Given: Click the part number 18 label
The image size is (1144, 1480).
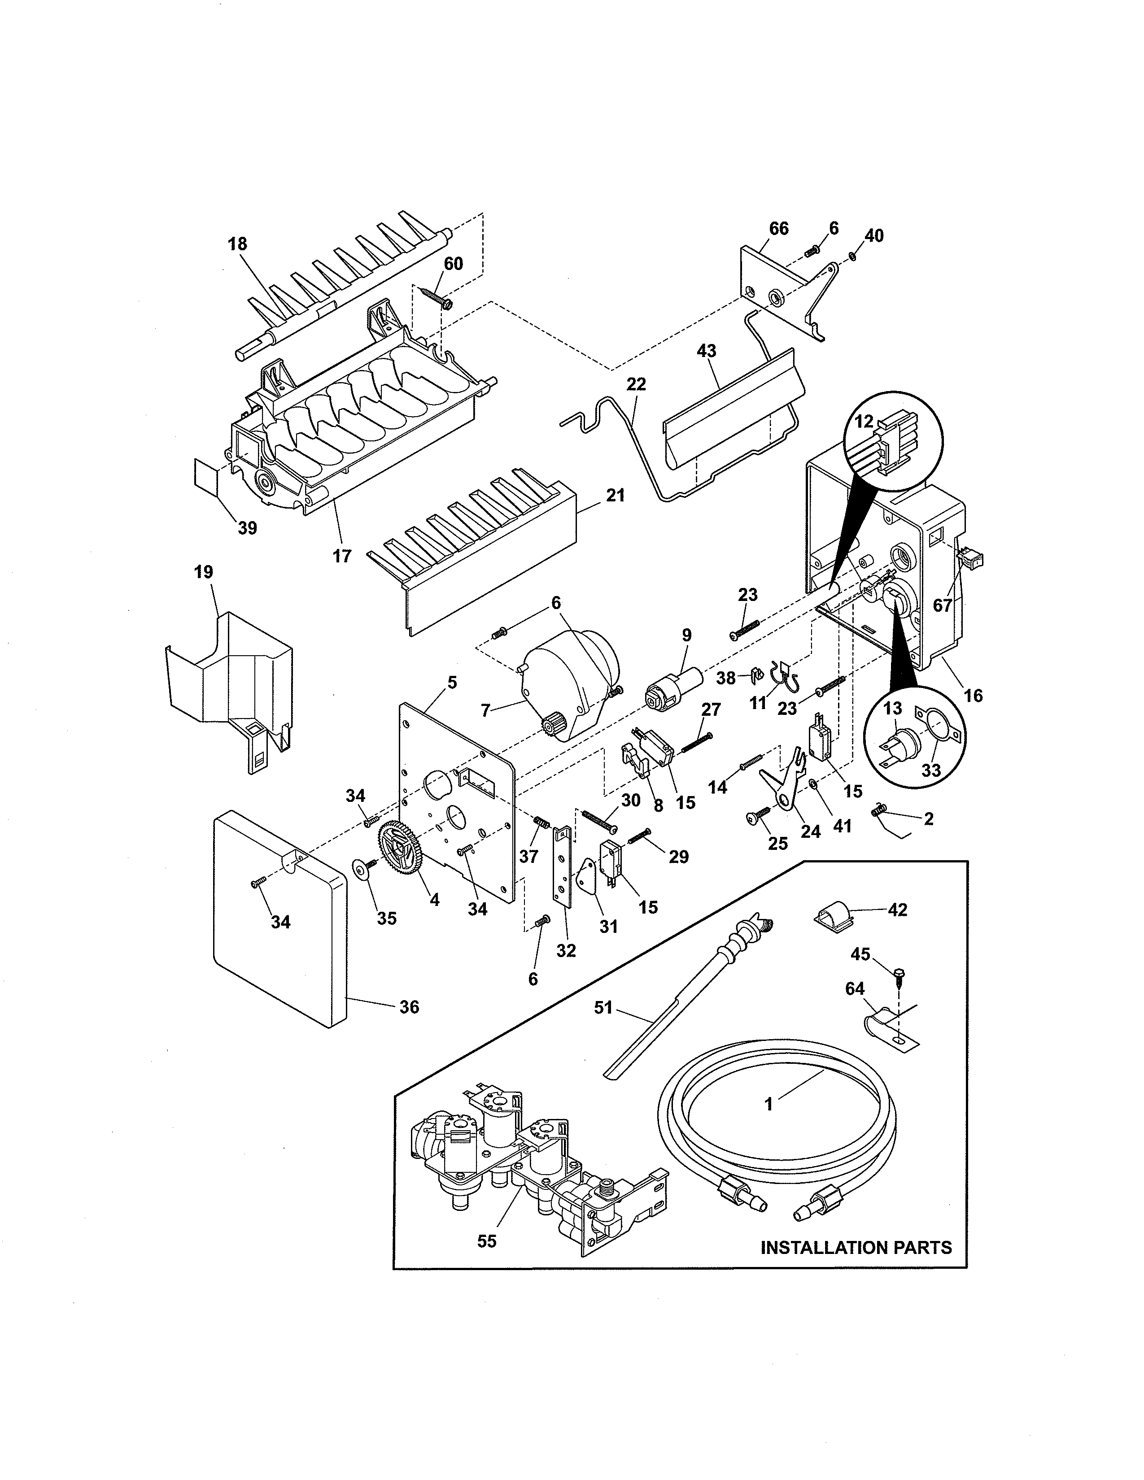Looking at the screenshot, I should click(x=237, y=244).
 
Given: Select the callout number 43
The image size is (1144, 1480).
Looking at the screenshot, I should click(x=706, y=351).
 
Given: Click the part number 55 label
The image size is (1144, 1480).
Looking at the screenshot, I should click(x=487, y=1241).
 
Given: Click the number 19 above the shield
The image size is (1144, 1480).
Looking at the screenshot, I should click(x=203, y=572).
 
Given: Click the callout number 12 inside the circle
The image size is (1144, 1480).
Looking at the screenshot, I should click(x=864, y=422).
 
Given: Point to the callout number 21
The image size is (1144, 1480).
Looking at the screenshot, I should click(x=615, y=496).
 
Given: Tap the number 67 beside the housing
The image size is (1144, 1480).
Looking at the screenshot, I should click(x=942, y=605).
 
